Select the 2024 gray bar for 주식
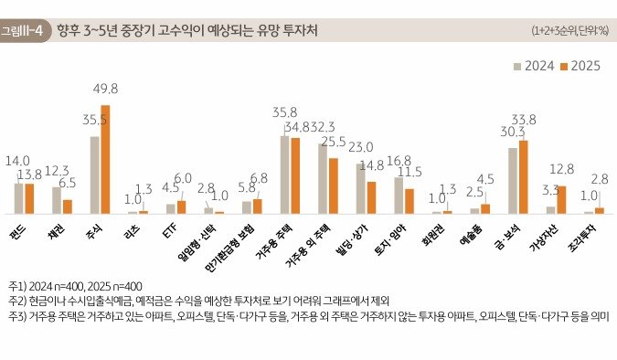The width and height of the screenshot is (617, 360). point(94,175)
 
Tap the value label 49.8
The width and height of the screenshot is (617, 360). point(106,88)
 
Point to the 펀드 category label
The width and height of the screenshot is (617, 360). point(17,226)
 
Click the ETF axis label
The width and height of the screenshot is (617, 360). point(169,225)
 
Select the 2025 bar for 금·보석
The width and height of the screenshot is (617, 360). point(523,177)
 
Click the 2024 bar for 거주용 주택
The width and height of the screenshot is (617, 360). point(284,175)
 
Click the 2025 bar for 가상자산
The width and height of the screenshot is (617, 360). point(561,200)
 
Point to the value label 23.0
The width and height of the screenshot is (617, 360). point(360,146)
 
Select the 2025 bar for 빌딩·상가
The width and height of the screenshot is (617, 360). point(371,197)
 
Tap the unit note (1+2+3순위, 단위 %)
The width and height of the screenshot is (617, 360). point(569,31)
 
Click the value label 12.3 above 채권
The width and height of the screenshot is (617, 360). point(57,170)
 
